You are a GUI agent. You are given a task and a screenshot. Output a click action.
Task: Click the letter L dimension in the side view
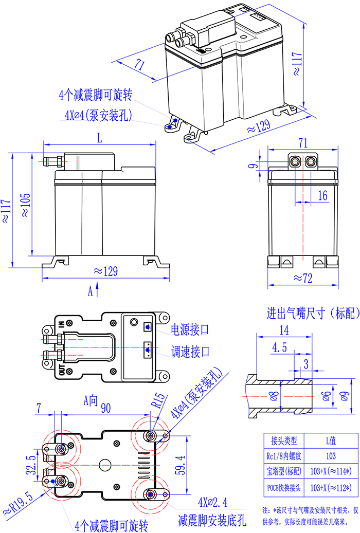click(99, 138)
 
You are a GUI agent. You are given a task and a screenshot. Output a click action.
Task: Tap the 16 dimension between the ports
click(322, 195)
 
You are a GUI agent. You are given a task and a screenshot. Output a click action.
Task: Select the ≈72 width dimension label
click(303, 278)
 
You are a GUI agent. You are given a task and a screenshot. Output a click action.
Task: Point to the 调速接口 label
click(191, 352)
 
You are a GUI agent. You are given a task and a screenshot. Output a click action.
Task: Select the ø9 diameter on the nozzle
click(345, 395)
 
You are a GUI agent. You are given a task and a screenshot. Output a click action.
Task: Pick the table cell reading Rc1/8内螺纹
click(284, 455)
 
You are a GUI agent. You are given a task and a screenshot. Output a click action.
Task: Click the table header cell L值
click(331, 440)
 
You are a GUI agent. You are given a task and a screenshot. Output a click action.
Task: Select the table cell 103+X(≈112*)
click(331, 487)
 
